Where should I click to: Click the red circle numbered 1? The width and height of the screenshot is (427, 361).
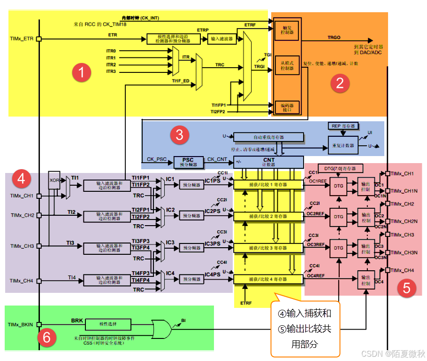click(82, 73)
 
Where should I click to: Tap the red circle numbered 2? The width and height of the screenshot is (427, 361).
click(340, 83)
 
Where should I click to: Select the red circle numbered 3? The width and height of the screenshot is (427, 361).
click(179, 135)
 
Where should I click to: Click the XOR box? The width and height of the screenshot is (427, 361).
click(54, 179)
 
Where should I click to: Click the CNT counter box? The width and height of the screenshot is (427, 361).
click(269, 162)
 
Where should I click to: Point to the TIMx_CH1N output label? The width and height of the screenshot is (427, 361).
click(404, 191)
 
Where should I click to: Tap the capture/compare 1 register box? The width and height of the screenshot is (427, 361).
click(267, 185)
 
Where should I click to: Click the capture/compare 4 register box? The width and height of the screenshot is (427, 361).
click(267, 279)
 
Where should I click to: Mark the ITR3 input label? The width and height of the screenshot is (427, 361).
click(111, 71)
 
